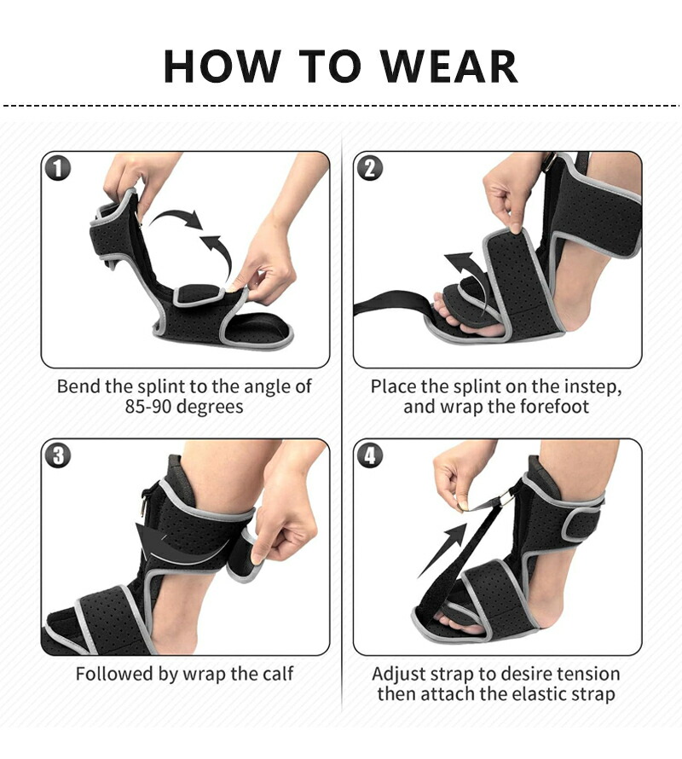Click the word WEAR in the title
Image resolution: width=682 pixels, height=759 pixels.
click(448, 67)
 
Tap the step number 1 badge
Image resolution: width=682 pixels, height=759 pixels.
click(58, 169)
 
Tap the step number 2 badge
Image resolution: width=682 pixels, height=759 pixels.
click(370, 169)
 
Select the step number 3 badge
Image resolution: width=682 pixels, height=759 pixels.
click(58, 455)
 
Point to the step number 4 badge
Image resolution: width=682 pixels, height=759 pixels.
click(370, 455)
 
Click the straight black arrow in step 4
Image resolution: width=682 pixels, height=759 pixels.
click(442, 551)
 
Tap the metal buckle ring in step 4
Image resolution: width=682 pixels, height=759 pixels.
click(506, 497)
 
